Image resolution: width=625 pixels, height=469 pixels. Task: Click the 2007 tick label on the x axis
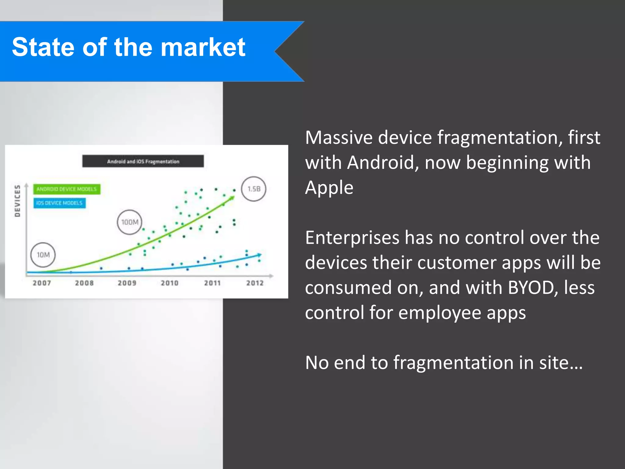[x=42, y=283]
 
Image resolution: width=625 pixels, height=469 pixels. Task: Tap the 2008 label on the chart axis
[x=84, y=283]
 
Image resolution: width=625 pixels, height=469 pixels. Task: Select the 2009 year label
[x=127, y=283]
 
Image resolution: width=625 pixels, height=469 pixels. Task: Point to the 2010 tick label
[x=170, y=283]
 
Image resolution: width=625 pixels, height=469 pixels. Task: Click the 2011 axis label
[x=212, y=283]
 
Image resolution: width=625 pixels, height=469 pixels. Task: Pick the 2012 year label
[x=255, y=283]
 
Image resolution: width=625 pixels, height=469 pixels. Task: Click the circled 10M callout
[x=43, y=255]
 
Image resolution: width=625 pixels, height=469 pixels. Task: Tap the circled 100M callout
[x=130, y=222]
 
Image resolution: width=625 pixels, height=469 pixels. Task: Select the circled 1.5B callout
[x=254, y=189]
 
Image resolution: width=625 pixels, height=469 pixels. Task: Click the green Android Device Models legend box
[x=67, y=189]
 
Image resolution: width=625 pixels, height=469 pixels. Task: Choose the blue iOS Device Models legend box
[x=60, y=203]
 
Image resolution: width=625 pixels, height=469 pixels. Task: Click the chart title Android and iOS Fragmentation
[x=143, y=161]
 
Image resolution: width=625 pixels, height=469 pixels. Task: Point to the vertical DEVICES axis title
[x=18, y=201]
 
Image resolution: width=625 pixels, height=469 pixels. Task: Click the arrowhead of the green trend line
[x=233, y=198]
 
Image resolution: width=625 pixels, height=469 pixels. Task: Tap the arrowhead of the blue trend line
[x=259, y=254]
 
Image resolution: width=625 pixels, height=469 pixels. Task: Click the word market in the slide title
[x=203, y=47]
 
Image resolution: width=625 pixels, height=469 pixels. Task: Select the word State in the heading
[x=43, y=47]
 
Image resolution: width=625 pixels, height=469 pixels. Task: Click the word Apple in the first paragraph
[x=329, y=187]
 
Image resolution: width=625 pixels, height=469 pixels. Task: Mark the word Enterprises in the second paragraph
[x=352, y=238]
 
